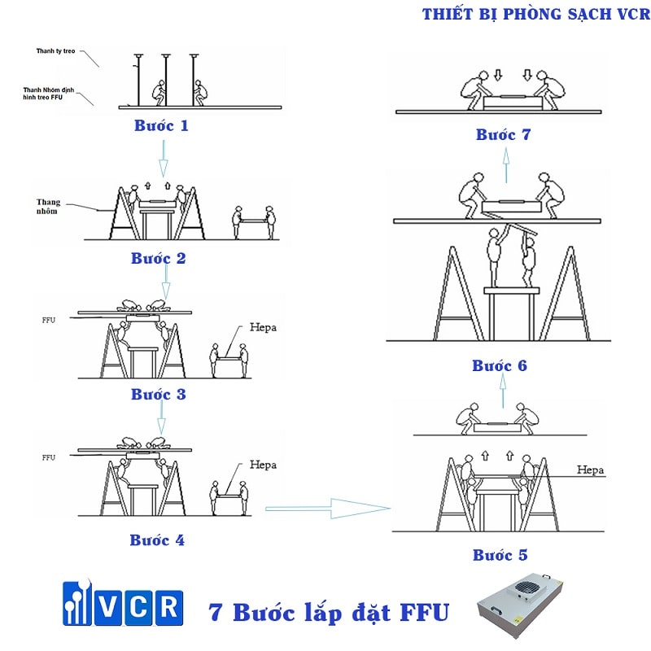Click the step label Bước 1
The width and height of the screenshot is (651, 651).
coord(161,126)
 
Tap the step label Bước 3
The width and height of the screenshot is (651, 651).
coord(159,395)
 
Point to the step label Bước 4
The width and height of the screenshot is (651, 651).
coord(157,540)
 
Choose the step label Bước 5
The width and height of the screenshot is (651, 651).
coord(500,555)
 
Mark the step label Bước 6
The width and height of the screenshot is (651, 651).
coord(500,365)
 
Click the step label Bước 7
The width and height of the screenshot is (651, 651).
coord(503,134)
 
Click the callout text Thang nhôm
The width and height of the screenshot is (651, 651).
coord(50,207)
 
